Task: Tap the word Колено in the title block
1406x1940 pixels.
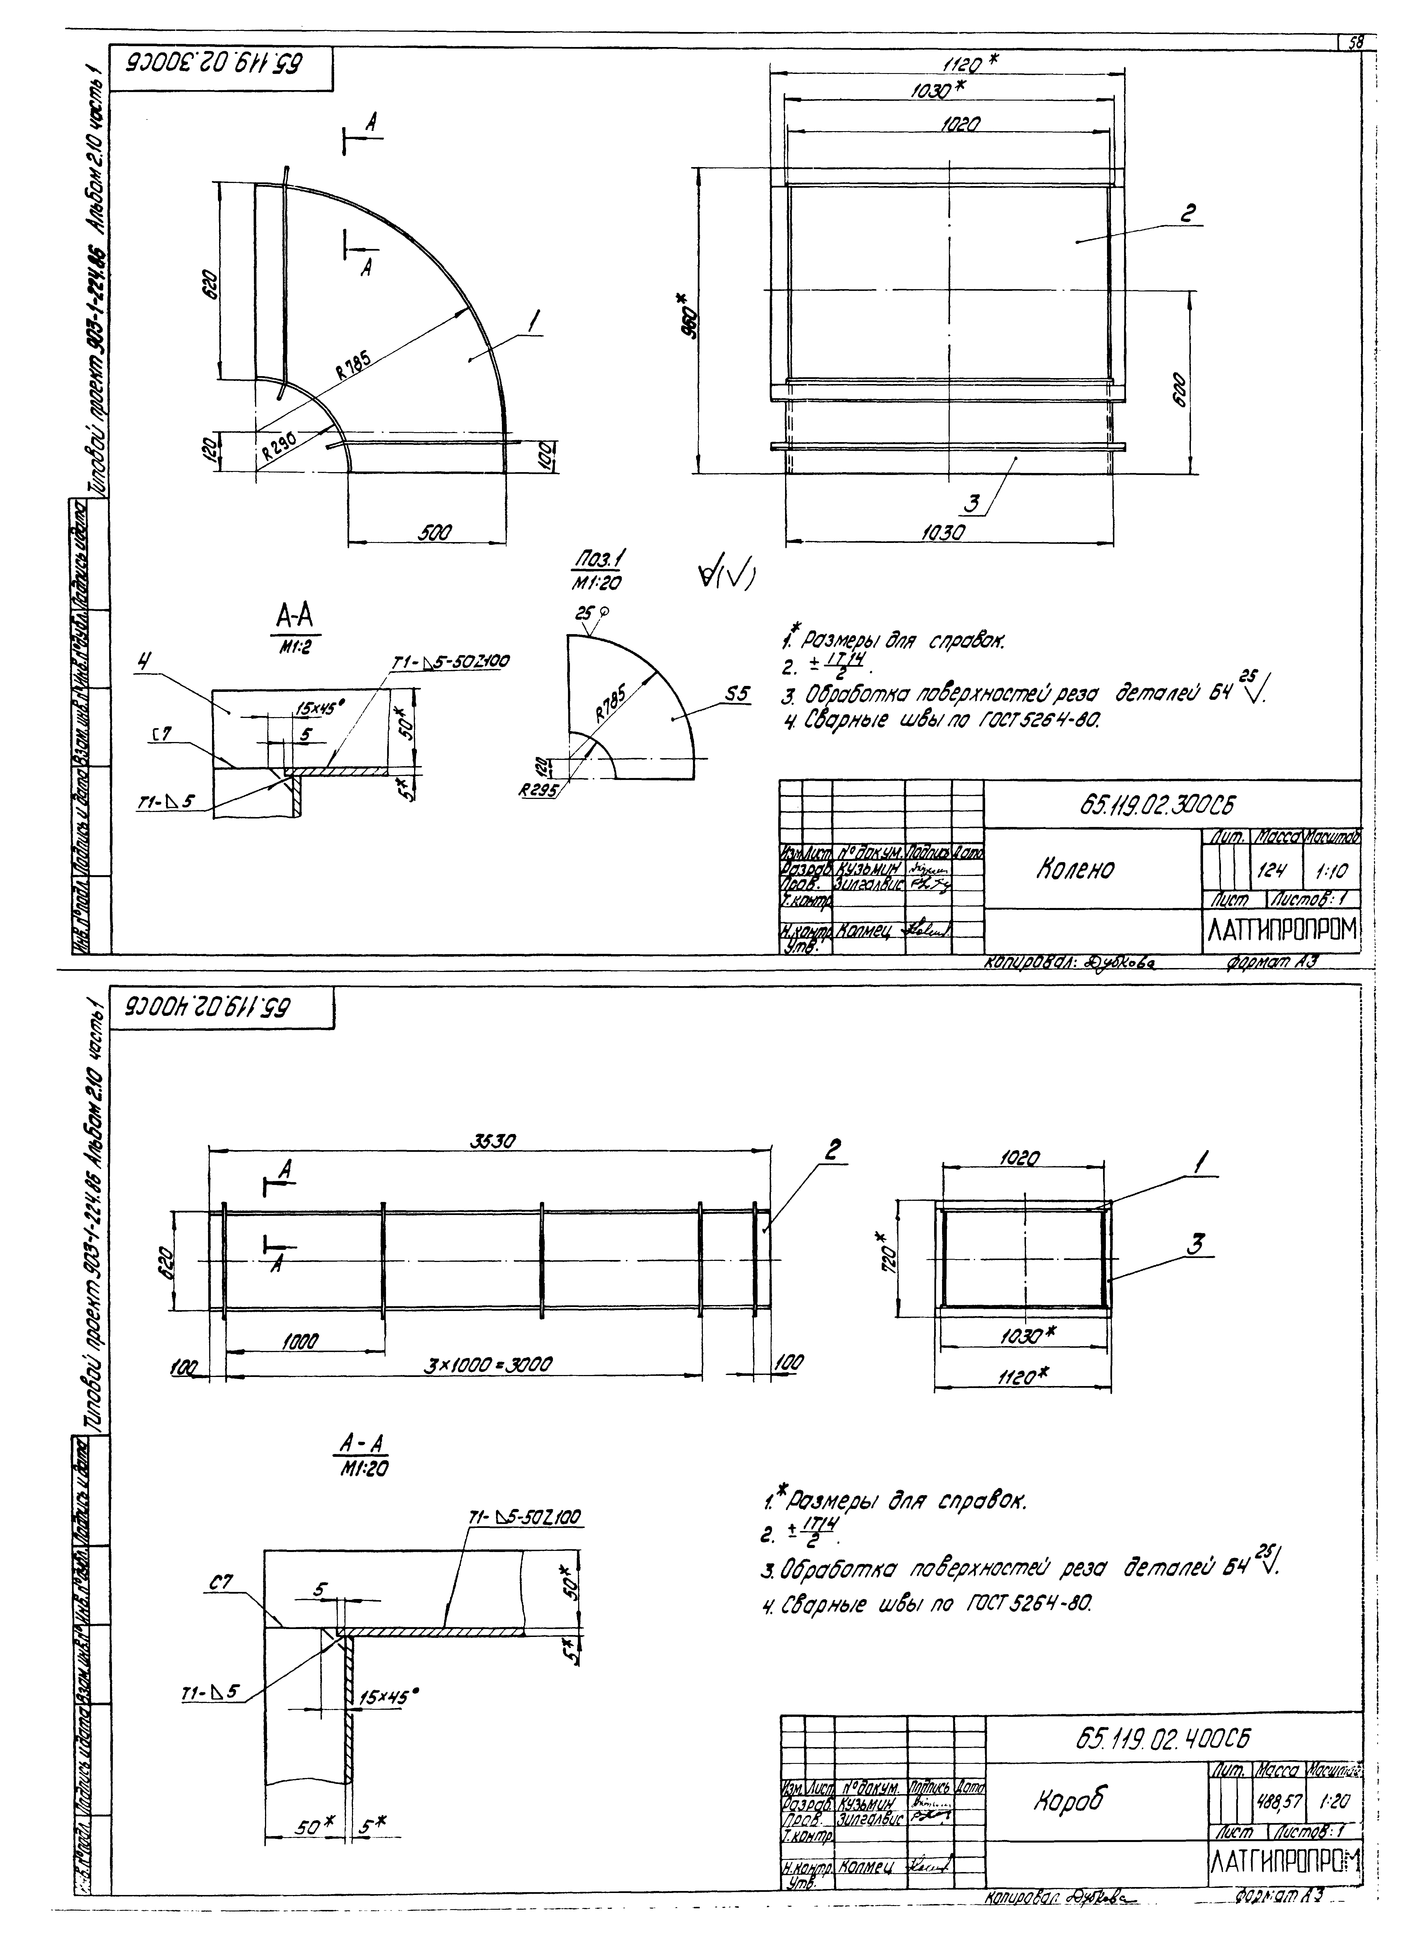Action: pos(1075,869)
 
